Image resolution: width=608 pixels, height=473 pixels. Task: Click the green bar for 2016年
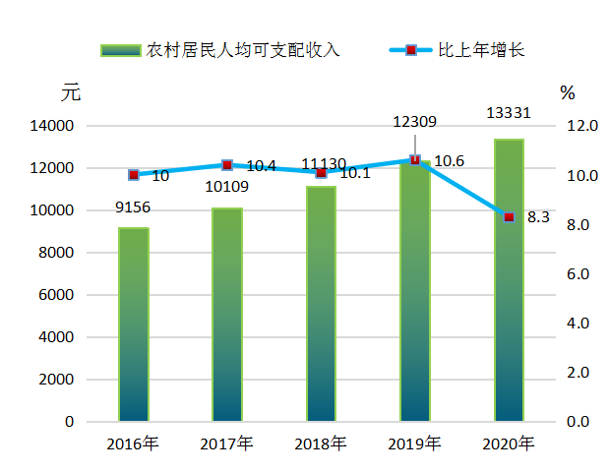[134, 325]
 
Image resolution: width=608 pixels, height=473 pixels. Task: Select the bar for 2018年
[321, 304]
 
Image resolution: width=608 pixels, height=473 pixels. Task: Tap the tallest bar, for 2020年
[509, 280]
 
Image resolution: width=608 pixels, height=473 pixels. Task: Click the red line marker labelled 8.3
[509, 217]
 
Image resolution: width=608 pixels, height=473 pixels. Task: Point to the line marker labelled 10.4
[227, 165]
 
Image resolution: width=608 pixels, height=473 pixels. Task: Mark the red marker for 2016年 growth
[134, 175]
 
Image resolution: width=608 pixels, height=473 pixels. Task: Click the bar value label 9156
[133, 207]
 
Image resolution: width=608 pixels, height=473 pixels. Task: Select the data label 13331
[509, 113]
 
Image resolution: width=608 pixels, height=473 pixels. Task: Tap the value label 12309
[414, 122]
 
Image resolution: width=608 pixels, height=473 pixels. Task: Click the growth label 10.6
[449, 161]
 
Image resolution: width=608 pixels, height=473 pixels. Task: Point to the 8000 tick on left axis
[56, 253]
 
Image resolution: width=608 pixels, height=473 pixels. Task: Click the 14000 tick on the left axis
[51, 126]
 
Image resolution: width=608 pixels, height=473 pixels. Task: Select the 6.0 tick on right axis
[578, 274]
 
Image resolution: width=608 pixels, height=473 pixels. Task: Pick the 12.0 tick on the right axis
[582, 126]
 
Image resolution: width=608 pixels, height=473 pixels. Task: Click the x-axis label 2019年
[414, 443]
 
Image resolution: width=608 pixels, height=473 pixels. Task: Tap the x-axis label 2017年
[226, 443]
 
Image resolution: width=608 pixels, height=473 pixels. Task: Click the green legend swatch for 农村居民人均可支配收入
[121, 50]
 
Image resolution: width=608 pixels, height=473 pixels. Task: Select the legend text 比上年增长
[481, 50]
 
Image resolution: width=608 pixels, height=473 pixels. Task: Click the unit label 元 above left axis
[71, 92]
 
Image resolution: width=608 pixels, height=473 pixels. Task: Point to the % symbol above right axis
[568, 93]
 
